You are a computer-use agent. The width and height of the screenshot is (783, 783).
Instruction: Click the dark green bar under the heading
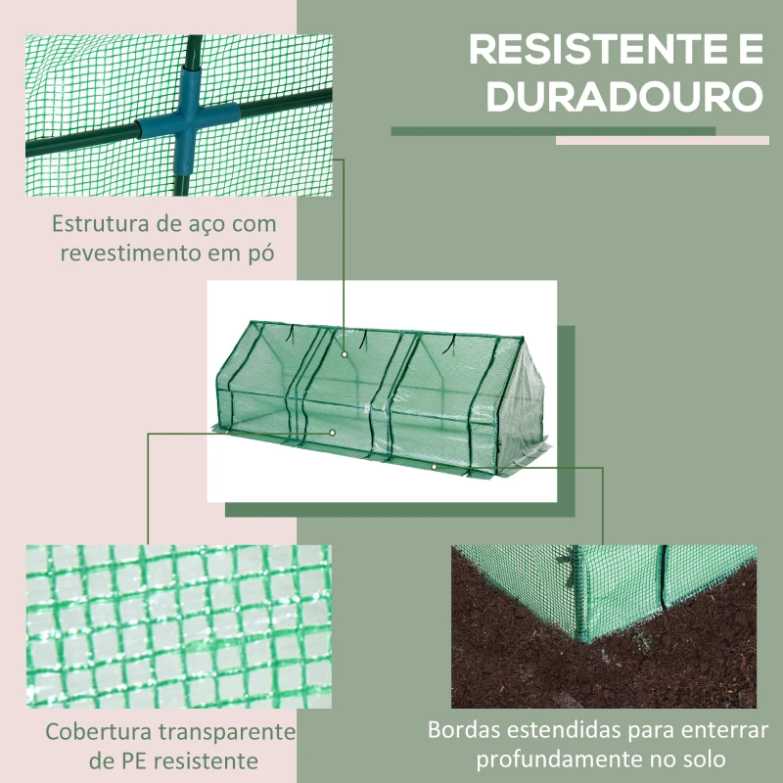553,130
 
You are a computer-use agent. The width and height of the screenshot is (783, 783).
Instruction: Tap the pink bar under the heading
663,141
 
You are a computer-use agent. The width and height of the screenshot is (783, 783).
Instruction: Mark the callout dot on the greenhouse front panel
333,432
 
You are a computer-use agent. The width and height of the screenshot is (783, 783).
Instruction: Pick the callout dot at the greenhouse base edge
434,466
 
